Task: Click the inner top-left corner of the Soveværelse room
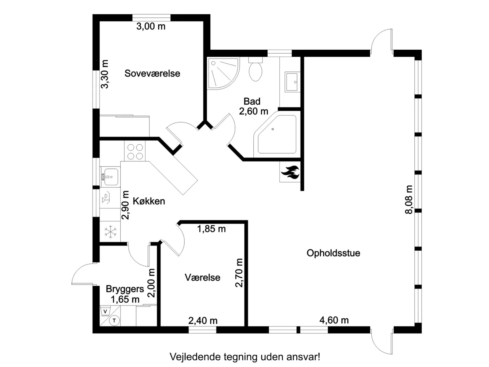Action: pos(100,21)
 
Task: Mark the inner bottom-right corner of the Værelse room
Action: pos(244,326)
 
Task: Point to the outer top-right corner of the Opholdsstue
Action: pos(421,50)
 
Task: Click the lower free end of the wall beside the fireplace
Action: pos(302,191)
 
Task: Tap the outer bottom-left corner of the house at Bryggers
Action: pos(93,333)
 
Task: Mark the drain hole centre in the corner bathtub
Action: pos(273,129)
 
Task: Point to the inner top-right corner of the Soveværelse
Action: pos(203,21)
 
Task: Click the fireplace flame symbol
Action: pos(290,172)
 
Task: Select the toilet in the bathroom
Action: pos(255,69)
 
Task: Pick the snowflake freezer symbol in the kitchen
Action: pos(110,232)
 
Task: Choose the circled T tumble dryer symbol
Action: pos(114,320)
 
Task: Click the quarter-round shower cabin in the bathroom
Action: pos(223,73)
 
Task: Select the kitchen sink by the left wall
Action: pos(110,177)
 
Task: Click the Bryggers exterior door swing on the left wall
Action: pos(84,274)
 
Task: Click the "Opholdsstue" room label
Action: pos(333,253)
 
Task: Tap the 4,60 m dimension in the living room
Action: pos(334,320)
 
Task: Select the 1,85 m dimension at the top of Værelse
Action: pos(211,229)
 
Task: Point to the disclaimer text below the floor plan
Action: pos(245,357)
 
